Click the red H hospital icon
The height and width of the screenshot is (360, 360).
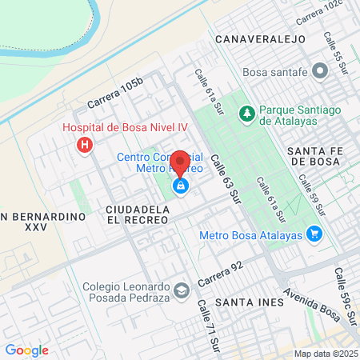(x=83, y=146)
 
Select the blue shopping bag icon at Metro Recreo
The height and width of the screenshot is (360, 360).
(x=181, y=186)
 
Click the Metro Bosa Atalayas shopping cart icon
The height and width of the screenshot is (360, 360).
(x=314, y=234)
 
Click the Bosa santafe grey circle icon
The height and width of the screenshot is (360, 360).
(x=320, y=71)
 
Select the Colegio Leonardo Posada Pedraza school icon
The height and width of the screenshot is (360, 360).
(x=182, y=290)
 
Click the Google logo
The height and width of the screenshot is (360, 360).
(x=26, y=350)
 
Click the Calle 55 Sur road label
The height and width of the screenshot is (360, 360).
(x=331, y=49)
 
